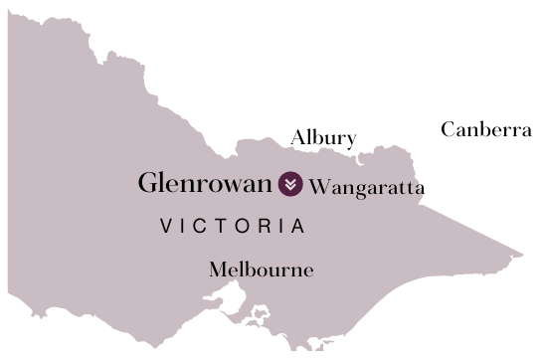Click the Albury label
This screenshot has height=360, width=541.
click(322, 138)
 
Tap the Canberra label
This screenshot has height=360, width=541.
click(486, 129)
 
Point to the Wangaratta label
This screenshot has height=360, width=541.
click(367, 187)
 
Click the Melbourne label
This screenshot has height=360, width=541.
click(261, 270)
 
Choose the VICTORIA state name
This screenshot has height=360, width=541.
click(233, 227)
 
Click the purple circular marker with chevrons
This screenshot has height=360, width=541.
click(290, 184)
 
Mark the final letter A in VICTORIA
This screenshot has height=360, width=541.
click(297, 227)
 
